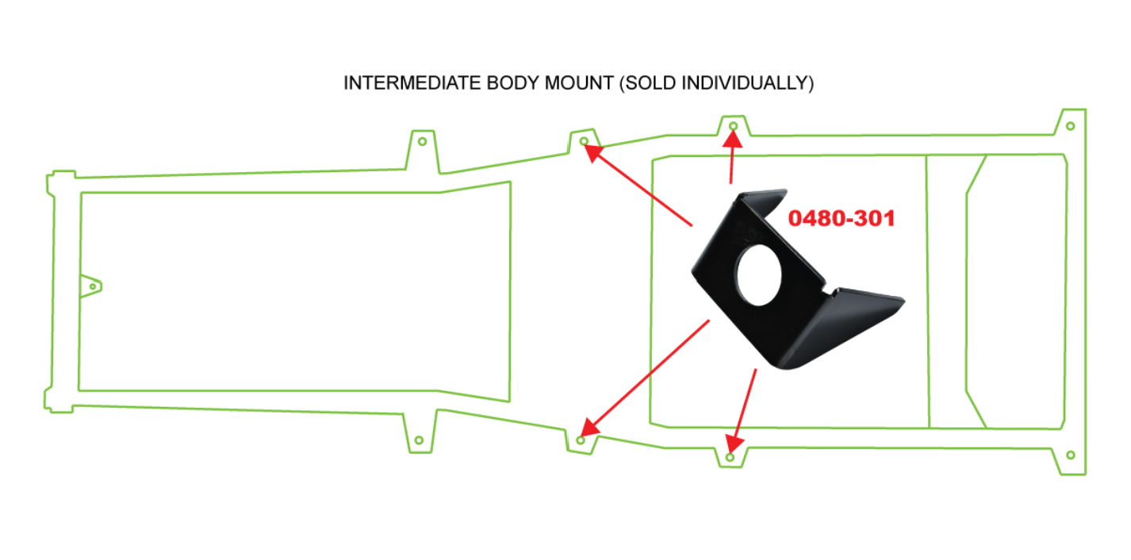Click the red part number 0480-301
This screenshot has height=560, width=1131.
tap(842, 218)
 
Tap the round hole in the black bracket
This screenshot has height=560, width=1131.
tap(758, 275)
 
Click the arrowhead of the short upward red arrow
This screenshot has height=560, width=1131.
tap(733, 138)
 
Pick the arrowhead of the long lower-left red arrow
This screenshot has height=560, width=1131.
tap(590, 428)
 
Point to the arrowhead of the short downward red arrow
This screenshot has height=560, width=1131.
tap(734, 443)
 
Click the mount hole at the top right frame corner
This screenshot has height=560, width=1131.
tap(1070, 126)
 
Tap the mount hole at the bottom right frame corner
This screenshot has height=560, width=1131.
tap(1070, 455)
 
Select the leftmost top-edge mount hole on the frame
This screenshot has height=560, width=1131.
tap(422, 142)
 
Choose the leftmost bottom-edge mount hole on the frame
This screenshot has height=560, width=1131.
tap(419, 440)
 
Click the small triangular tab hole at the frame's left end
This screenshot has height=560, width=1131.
tap(93, 287)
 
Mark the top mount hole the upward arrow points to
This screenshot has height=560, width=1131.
tap(734, 126)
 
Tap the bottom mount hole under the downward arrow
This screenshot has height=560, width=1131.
tap(730, 458)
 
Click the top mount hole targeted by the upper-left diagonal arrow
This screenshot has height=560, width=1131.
tap(584, 141)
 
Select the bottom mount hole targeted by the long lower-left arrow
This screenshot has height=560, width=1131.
tap(581, 440)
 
